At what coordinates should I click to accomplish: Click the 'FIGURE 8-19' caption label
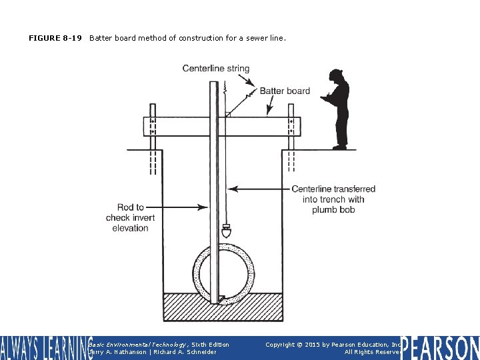click(55, 38)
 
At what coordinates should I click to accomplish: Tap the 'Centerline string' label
click(216, 68)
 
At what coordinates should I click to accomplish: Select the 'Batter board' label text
click(285, 91)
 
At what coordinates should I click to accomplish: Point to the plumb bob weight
click(227, 232)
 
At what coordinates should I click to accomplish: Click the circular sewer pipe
click(223, 273)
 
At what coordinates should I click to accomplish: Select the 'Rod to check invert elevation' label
click(130, 218)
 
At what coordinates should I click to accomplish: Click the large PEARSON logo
click(440, 347)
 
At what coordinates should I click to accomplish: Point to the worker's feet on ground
click(340, 147)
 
